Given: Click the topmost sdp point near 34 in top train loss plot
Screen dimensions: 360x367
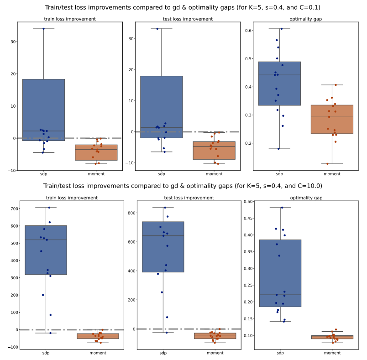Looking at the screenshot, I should [x=44, y=29].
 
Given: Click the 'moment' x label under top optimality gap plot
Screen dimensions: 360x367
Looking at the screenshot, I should [x=332, y=174].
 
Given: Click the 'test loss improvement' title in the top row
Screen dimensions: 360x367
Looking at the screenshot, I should [x=188, y=19].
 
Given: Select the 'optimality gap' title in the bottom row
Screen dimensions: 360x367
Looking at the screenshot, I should [x=305, y=198].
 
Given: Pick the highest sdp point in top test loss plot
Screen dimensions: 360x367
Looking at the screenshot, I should [x=157, y=29].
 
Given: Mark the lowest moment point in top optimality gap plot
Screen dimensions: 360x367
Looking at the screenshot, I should [x=327, y=164].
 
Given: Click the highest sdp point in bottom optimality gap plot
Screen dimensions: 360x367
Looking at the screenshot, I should [x=282, y=208].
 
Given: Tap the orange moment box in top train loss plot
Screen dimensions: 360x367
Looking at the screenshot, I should [x=96, y=152].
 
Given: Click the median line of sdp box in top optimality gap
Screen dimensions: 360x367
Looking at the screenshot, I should [x=279, y=75].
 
